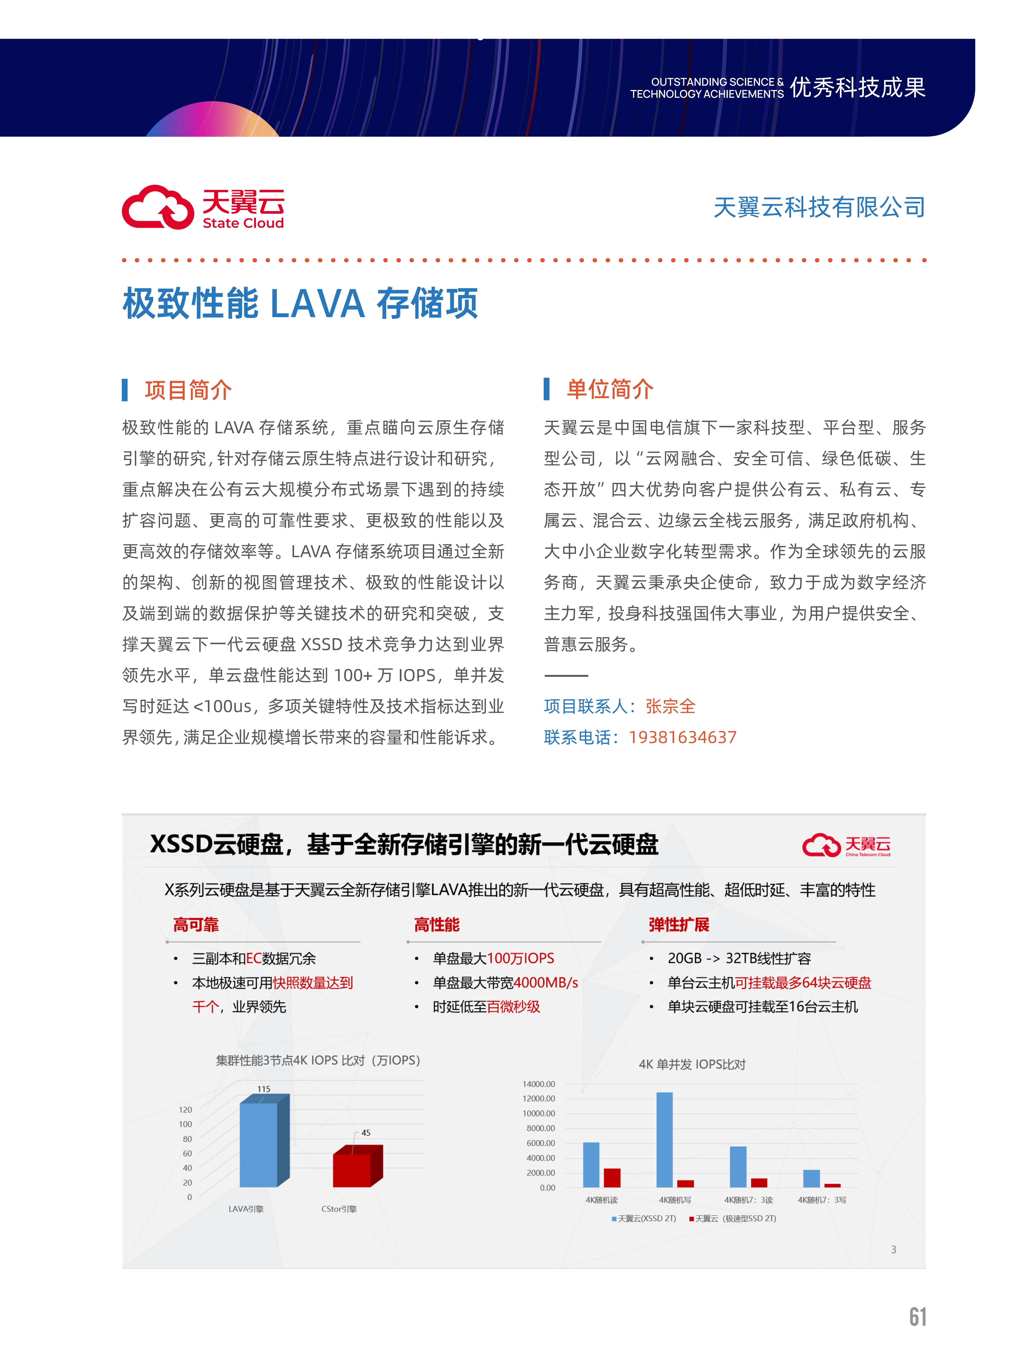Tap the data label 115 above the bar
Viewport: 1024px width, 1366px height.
264,1089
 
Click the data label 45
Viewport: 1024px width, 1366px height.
366,1133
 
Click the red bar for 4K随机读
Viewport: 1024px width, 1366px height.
612,1178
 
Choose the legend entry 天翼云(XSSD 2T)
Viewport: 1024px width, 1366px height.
644,1218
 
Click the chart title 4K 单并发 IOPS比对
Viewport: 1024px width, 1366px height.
692,1064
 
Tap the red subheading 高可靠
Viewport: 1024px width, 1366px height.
196,924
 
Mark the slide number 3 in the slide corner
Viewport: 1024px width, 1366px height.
893,1249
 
